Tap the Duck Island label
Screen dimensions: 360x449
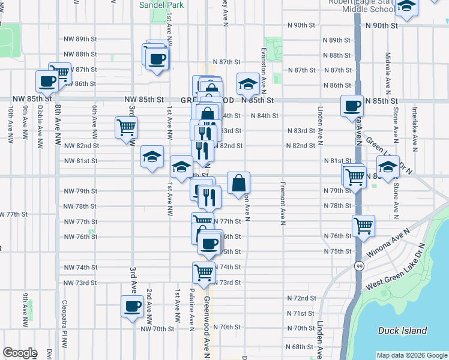403,331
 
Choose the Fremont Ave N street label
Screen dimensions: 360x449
282,203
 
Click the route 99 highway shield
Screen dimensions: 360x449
358,265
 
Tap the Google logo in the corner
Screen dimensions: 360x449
20,353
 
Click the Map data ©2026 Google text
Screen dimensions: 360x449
411,355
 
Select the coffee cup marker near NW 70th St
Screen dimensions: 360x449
132,307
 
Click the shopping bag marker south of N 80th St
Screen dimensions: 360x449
238,182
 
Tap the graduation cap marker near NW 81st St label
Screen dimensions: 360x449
152,157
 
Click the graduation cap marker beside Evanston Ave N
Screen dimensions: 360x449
247,84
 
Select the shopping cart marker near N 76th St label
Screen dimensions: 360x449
363,226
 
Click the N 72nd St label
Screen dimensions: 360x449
301,298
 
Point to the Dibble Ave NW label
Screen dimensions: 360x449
39,124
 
